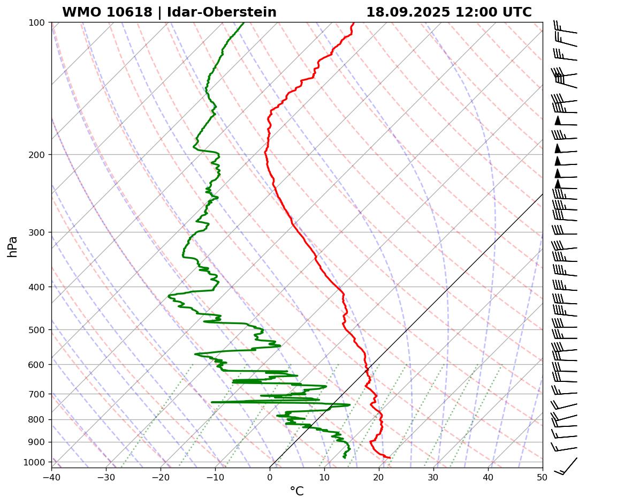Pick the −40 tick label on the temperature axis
pyautogui.click(x=51, y=477)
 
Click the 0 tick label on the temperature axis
pyautogui.click(x=270, y=477)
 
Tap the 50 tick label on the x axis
pyautogui.click(x=543, y=477)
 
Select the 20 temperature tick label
pyautogui.click(x=379, y=477)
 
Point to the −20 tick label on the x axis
pyautogui.click(x=161, y=477)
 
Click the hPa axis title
pyautogui.click(x=13, y=246)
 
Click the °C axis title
pyautogui.click(x=296, y=491)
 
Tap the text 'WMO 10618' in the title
pyautogui.click(x=107, y=12)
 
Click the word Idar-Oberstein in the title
pyautogui.click(x=222, y=12)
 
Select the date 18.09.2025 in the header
pyautogui.click(x=408, y=12)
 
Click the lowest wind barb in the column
pyautogui.click(x=566, y=466)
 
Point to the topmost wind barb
pyautogui.click(x=565, y=28)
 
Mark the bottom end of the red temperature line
pyautogui.click(x=390, y=457)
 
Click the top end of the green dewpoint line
pyautogui.click(x=244, y=22)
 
